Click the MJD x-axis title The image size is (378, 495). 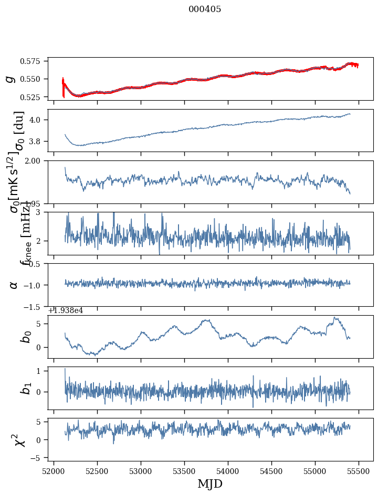coord(210,484)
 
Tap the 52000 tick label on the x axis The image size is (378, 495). coord(54,471)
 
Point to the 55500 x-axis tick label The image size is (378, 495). coord(359,471)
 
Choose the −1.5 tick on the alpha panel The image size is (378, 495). coord(34,306)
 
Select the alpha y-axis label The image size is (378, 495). coord(14,285)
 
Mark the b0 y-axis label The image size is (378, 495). coord(25,337)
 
